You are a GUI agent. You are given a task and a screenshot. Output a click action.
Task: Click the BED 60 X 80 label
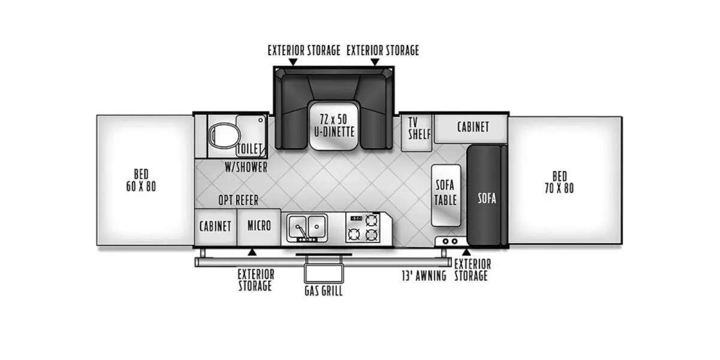pos(141,180)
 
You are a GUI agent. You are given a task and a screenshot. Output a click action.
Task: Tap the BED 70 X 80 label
pos(559,182)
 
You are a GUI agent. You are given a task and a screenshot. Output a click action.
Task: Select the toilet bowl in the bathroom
pos(221,136)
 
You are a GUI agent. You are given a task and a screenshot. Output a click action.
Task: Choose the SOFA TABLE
pos(446,192)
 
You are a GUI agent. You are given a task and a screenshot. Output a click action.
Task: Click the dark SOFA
pos(487,198)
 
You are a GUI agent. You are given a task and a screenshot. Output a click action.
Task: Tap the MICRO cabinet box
pos(259,226)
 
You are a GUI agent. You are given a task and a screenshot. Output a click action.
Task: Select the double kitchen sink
pos(307,227)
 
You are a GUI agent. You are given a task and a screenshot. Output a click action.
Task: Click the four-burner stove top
pos(364,227)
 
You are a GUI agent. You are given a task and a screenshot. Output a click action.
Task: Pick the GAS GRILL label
pos(323,291)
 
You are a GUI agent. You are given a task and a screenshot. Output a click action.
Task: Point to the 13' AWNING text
pos(424,276)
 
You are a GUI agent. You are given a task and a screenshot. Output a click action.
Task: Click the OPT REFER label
pos(238,200)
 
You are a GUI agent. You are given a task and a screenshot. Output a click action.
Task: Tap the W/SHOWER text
pos(246,167)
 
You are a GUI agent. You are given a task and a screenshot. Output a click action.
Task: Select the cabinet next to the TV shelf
pos(472,127)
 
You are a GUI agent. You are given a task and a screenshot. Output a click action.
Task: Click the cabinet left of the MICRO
pos(215,227)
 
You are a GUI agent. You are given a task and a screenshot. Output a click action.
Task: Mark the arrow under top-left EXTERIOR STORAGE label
pos(293,62)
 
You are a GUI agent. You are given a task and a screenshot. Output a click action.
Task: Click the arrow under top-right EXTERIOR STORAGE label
pos(375,62)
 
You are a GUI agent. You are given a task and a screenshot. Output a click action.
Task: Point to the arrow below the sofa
pos(466,251)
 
